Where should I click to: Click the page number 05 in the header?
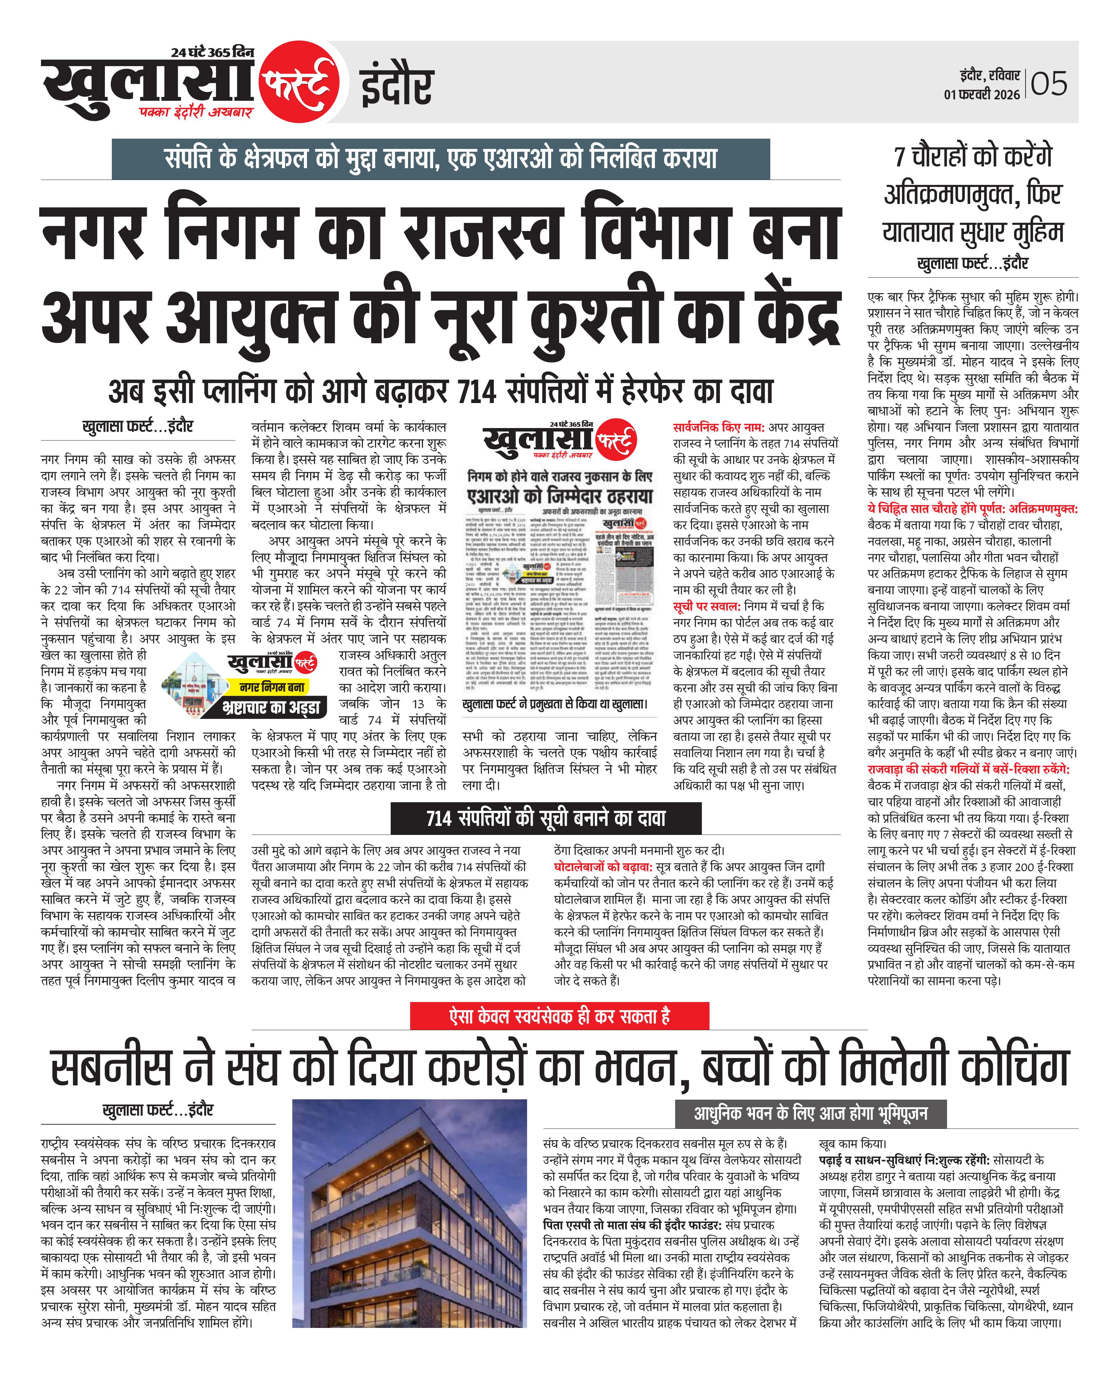point(1049,84)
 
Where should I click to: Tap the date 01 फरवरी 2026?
point(982,94)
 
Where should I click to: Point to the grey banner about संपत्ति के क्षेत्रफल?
point(441,159)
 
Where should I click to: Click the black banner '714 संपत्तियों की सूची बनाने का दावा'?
point(546,818)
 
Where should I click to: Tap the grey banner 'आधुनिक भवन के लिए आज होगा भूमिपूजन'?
point(811,1113)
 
